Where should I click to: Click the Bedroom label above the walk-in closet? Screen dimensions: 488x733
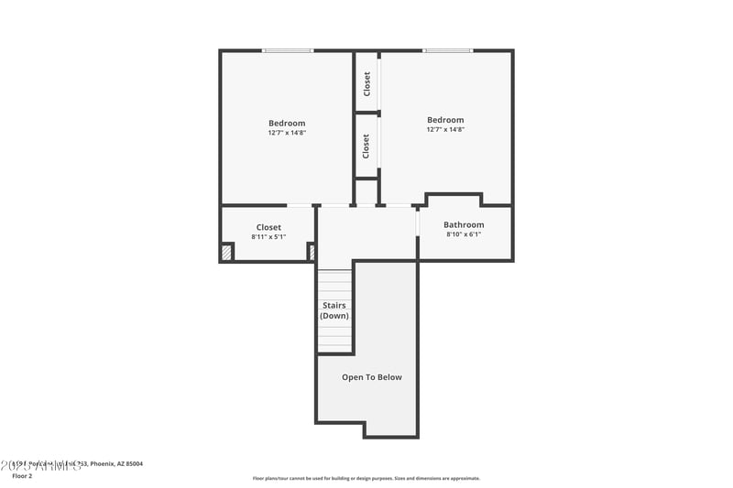pos(287,124)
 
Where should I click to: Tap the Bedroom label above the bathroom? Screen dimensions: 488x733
pos(445,120)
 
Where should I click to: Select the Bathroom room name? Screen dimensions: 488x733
pos(464,224)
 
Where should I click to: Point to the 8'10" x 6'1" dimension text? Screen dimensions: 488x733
pos(464,234)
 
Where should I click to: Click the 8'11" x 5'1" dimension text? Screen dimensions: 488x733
pos(268,237)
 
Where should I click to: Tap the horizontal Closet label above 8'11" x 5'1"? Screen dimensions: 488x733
pos(268,227)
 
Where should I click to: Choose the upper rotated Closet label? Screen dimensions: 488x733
pos(366,84)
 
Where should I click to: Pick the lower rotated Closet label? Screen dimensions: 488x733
pos(366,146)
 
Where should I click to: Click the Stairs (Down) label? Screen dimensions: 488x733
pos(334,310)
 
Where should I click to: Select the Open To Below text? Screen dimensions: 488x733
pos(372,377)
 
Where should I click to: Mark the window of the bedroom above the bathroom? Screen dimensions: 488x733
pos(448,50)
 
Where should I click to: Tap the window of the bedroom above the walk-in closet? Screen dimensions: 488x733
pos(288,50)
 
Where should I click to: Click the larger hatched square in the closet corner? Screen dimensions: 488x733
pos(227,252)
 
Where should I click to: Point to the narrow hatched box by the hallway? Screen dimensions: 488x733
pos(312,252)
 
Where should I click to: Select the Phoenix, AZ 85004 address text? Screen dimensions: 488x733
pos(115,464)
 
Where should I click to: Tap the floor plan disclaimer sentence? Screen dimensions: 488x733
pos(366,478)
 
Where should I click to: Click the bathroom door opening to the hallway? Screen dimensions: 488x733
pos(418,222)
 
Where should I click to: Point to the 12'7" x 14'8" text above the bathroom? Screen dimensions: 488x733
pos(445,130)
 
